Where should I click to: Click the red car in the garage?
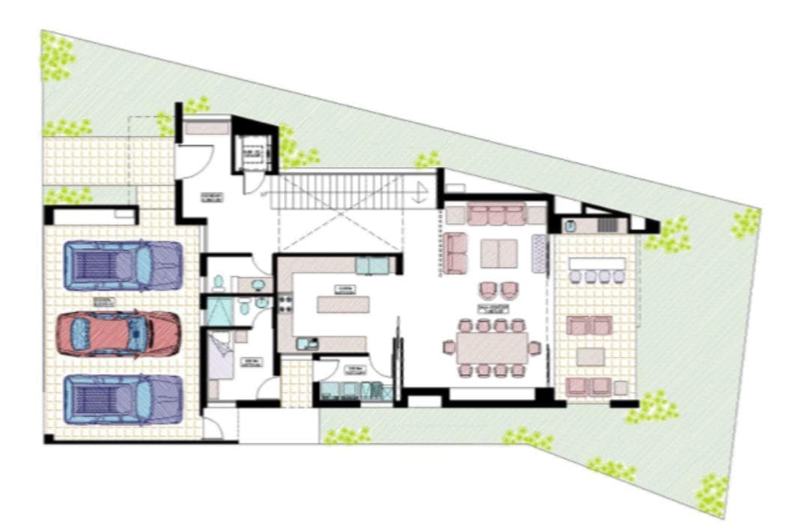point(120,333)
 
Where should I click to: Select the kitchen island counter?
point(344,304)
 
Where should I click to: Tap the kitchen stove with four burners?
point(284,304)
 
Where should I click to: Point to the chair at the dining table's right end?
point(534,348)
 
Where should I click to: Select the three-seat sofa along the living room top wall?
point(496,215)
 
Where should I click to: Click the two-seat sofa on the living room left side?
point(456,253)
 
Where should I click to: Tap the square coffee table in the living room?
point(499,252)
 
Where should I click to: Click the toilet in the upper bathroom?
point(218,282)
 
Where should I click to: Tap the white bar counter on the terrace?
point(597,264)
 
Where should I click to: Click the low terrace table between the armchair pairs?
point(591,356)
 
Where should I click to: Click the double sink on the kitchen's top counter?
point(372,264)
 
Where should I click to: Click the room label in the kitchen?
point(345,288)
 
